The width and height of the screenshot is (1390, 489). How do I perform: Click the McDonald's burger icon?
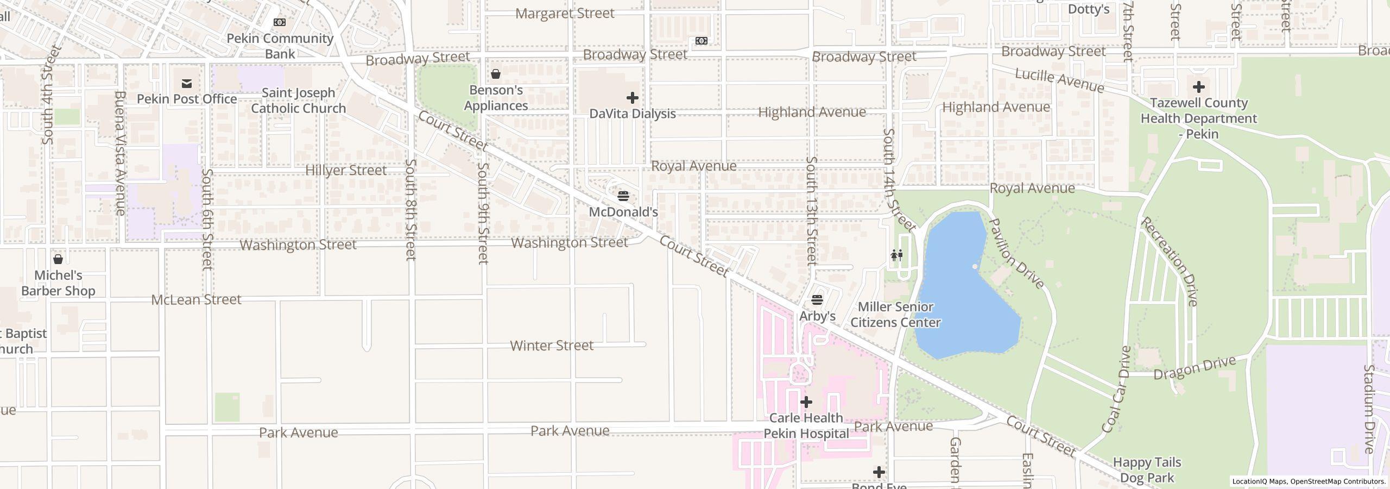coord(623,196)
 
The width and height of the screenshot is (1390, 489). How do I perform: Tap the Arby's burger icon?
coord(817,299)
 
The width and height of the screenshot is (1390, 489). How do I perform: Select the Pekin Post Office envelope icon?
coord(187,83)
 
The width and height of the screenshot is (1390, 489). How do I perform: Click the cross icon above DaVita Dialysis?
coord(632,98)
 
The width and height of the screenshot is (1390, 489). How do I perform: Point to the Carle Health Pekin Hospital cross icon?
coord(806,402)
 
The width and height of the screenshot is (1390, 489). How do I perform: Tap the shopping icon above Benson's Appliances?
coord(495,74)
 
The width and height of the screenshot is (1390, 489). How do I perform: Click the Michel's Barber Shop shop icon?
coord(58,259)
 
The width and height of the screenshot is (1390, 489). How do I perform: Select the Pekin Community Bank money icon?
coord(279,22)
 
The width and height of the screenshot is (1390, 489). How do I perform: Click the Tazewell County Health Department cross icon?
coord(1198,87)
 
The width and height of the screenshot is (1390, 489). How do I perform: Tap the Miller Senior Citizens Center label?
coord(895,315)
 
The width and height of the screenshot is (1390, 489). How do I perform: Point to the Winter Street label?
coord(552,346)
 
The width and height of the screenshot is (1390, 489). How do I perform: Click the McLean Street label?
coord(196,299)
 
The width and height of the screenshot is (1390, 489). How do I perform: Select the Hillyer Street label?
coord(346,171)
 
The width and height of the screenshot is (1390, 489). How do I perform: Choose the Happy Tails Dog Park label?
coord(1147,470)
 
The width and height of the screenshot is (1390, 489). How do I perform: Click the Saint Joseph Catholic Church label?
coord(298,101)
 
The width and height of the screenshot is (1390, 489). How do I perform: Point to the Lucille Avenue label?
coord(1059,81)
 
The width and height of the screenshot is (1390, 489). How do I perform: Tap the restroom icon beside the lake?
coord(896,255)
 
